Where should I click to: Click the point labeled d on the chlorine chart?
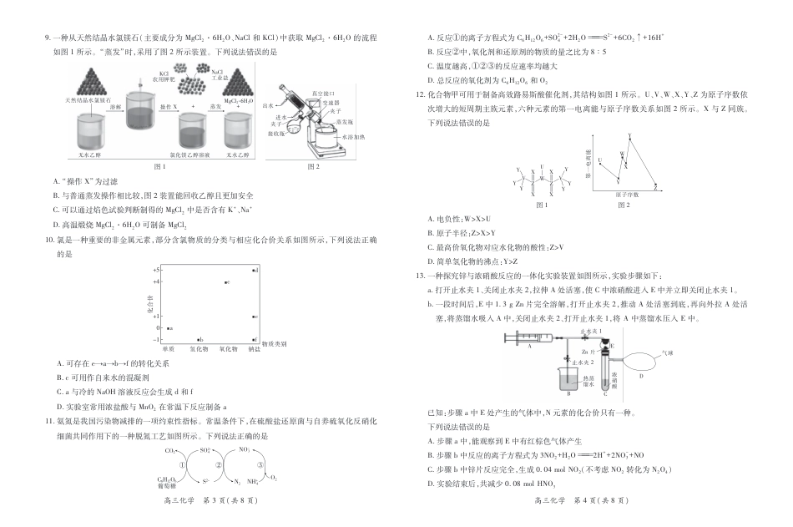[254, 270]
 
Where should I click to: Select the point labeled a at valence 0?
[168, 329]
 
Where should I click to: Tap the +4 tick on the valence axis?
[156, 282]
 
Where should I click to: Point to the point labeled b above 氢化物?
[198, 340]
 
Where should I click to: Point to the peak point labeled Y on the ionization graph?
[629, 136]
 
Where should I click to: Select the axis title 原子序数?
[627, 194]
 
